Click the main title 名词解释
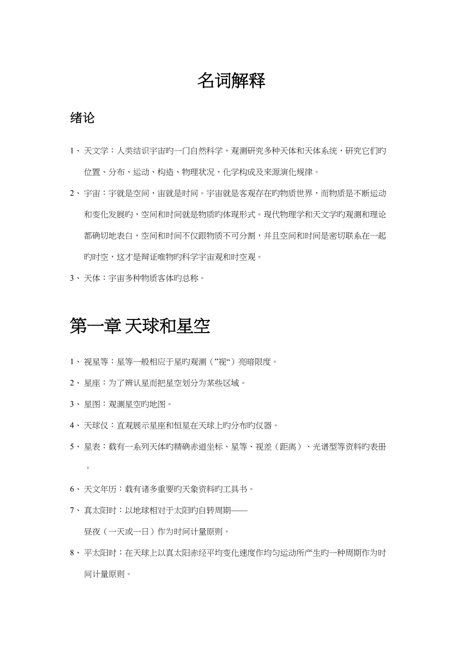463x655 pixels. [x=231, y=80]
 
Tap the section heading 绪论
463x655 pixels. [x=83, y=118]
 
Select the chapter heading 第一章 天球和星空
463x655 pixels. [x=140, y=326]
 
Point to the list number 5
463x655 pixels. [x=72, y=447]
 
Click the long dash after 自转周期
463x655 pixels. [x=240, y=510]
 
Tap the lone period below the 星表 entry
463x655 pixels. [x=88, y=468]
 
